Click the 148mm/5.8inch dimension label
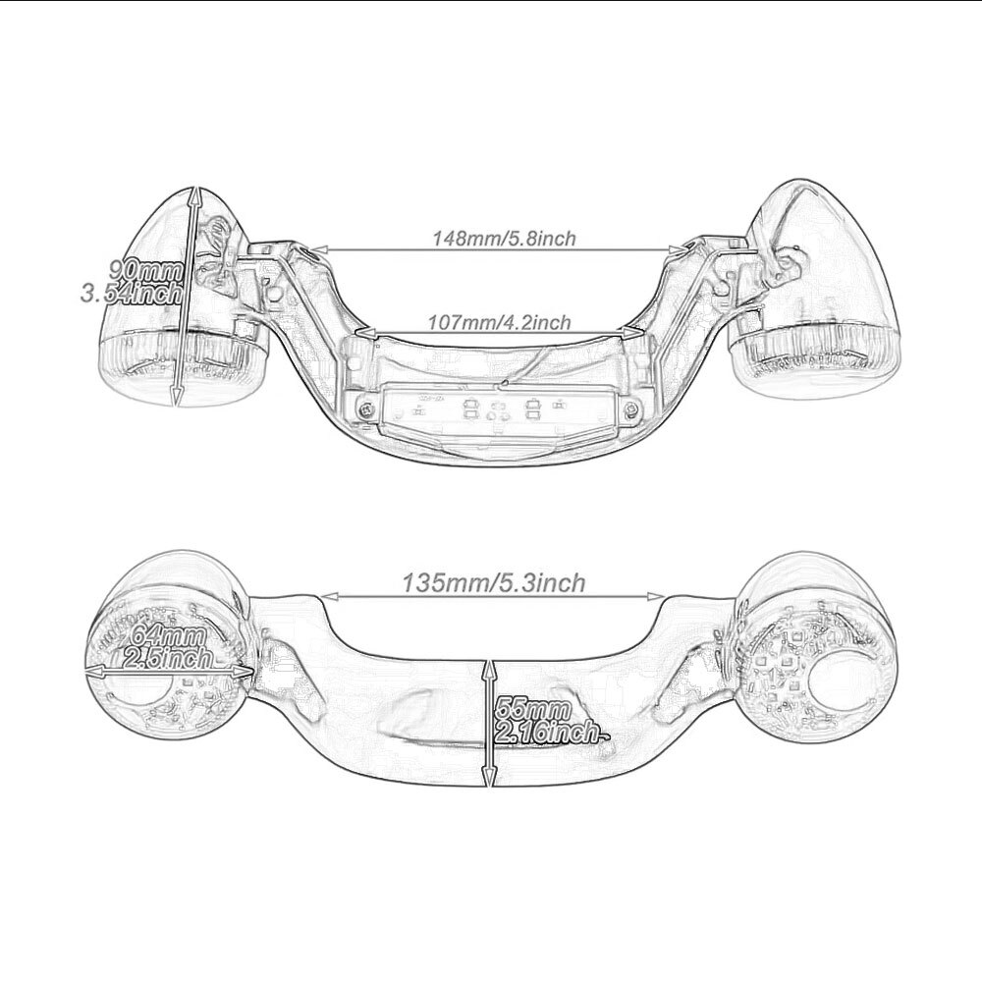tap(504, 238)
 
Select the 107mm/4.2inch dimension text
tap(499, 322)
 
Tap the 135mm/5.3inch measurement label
tap(494, 583)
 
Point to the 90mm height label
tap(146, 271)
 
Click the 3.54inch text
tap(132, 293)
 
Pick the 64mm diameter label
tap(167, 636)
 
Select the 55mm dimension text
tap(532, 710)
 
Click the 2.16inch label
tap(546, 733)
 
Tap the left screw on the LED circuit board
tap(365, 409)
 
